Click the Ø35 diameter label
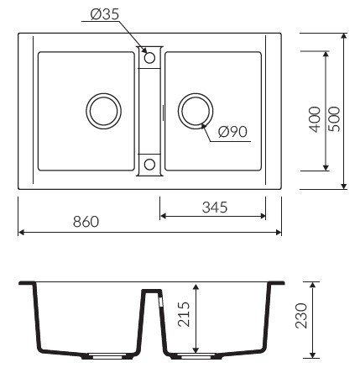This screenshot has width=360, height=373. (x=105, y=14)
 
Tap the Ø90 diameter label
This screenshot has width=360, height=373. (x=232, y=132)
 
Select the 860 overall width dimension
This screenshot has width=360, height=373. (x=86, y=222)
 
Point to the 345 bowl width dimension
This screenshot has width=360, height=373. (x=215, y=208)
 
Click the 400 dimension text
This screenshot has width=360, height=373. (x=315, y=119)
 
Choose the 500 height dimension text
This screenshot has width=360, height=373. (x=334, y=119)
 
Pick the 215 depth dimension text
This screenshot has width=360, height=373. (x=184, y=314)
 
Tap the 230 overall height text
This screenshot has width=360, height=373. (x=301, y=316)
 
